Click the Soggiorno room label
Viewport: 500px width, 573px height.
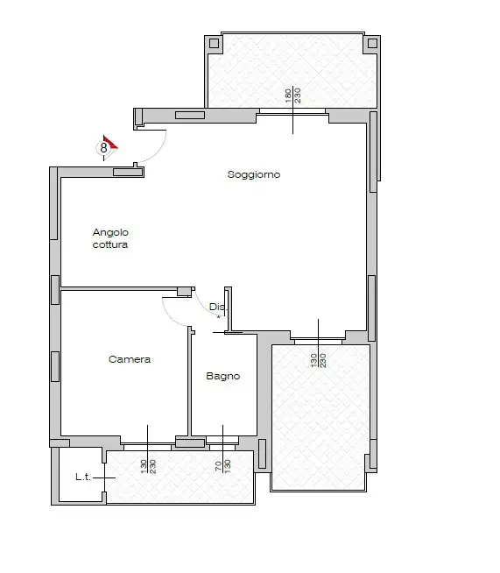pos(254,174)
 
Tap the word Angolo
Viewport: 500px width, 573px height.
pos(110,232)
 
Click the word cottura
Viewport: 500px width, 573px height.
pos(110,245)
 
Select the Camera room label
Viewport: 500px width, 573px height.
pos(130,359)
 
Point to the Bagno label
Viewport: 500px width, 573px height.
pos(222,377)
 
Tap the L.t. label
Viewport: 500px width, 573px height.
pos(84,477)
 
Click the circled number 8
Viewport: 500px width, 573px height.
pos(103,148)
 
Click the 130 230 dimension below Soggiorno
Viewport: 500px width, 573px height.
pos(318,359)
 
